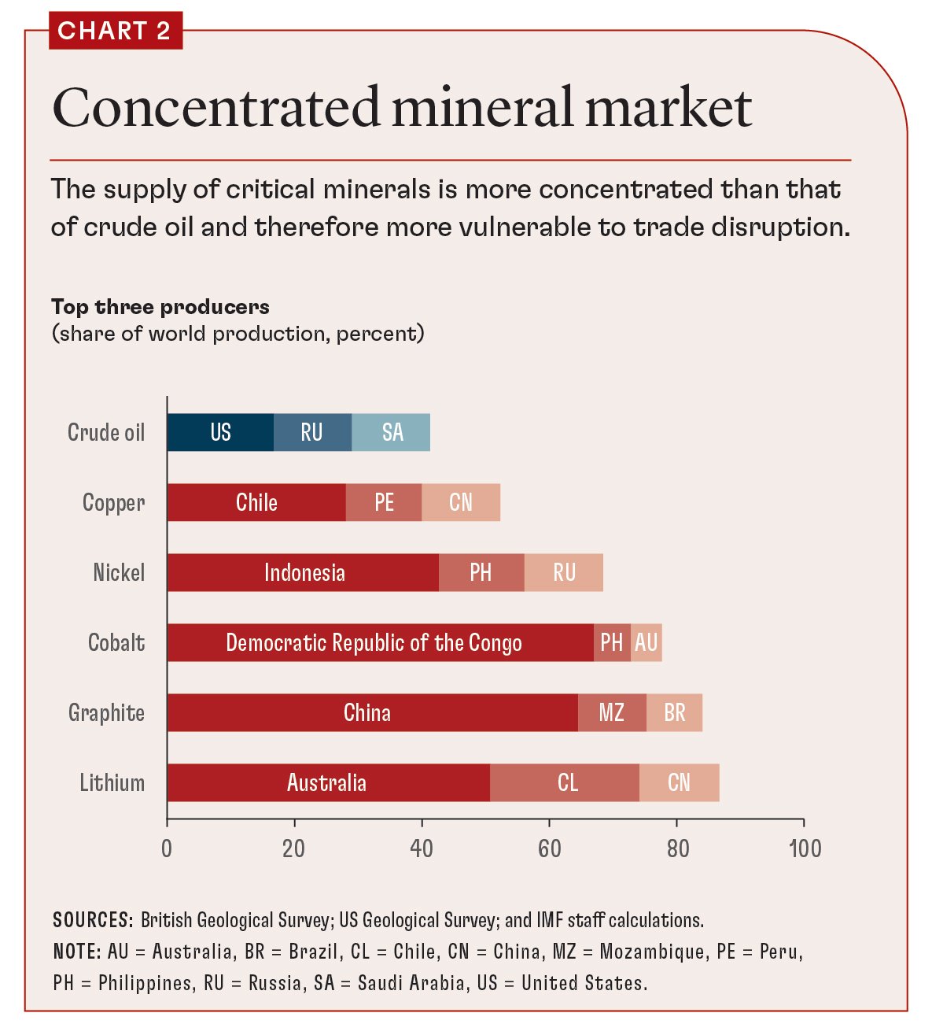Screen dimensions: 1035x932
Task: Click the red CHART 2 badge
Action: [115, 31]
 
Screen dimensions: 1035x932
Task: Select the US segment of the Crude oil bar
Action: [220, 432]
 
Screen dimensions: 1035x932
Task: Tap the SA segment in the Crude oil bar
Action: [392, 432]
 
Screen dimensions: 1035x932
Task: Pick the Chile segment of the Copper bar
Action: [256, 502]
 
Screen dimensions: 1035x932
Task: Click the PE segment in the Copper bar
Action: [384, 502]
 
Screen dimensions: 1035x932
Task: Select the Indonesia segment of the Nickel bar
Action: [304, 572]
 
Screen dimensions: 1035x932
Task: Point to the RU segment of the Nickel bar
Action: [564, 572]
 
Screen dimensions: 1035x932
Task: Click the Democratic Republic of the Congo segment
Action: [374, 642]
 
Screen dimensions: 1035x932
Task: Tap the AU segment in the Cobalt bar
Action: [647, 642]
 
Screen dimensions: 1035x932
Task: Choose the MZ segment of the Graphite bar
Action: [612, 712]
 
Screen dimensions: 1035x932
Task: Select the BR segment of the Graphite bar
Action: [675, 712]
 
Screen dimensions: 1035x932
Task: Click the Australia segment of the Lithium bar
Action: [327, 782]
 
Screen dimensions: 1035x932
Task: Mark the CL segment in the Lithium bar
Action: [566, 782]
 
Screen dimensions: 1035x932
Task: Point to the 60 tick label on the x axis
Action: [549, 848]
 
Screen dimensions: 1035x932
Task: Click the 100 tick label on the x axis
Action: [804, 848]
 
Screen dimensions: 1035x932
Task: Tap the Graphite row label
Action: [107, 712]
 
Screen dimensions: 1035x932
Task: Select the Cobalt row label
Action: [116, 642]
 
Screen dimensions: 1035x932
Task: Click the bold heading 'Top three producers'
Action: [160, 307]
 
